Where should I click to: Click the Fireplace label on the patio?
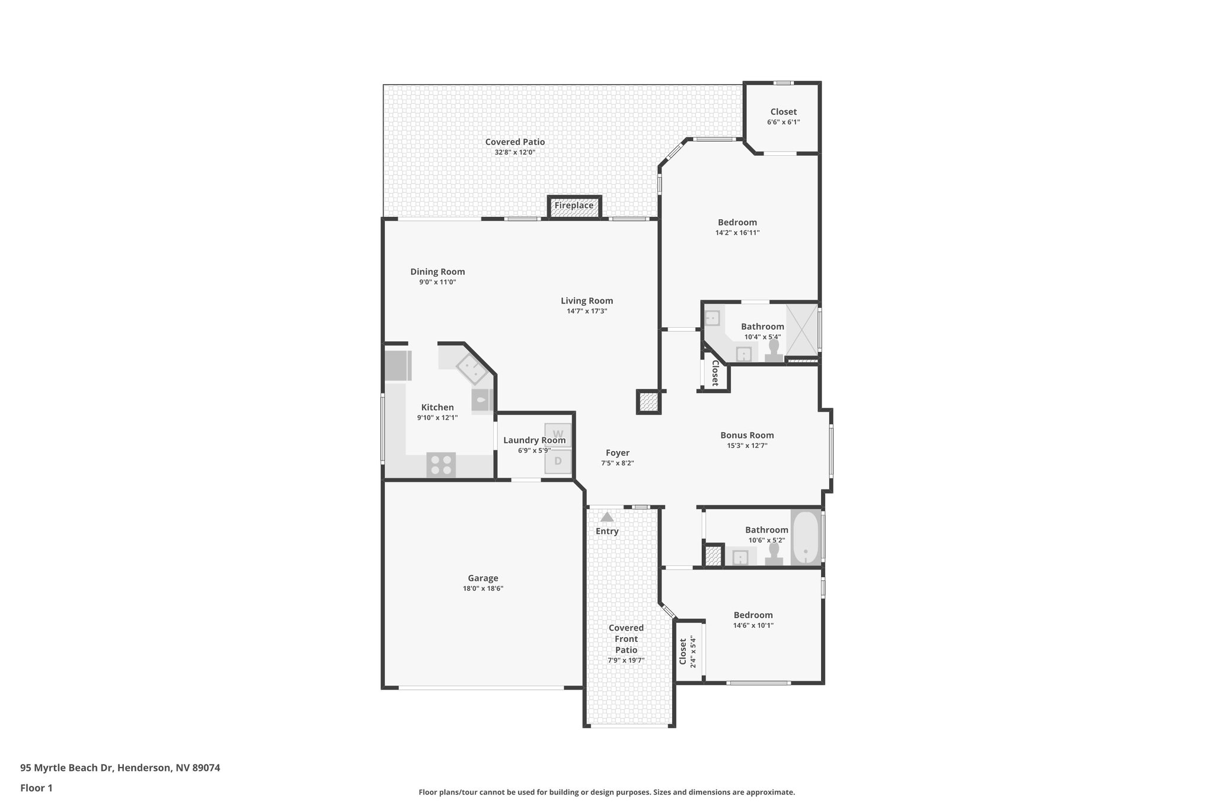tap(574, 206)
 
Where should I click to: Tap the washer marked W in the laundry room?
tap(558, 434)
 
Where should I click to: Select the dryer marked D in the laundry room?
tap(558, 461)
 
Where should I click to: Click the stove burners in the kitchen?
tap(441, 464)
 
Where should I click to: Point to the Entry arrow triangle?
tap(607, 517)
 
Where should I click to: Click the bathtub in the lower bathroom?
tap(806, 538)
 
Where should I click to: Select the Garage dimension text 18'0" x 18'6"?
tap(483, 589)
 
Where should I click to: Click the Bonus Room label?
tap(747, 435)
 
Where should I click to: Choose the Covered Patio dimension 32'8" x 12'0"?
tap(515, 152)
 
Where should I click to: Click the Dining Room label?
tap(437, 272)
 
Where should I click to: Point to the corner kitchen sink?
tap(472, 371)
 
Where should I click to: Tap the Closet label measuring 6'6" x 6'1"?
tap(783, 111)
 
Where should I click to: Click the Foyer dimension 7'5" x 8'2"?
tap(617, 463)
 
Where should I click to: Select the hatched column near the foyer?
tap(648, 402)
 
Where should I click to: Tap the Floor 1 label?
tap(36, 788)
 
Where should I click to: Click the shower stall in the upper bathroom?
tap(802, 331)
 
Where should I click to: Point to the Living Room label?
tap(587, 301)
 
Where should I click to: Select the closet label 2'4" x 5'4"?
tap(692, 651)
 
